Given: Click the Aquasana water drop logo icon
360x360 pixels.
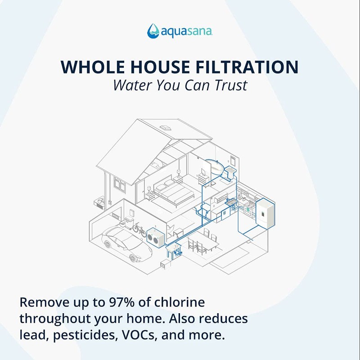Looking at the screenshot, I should (153, 30).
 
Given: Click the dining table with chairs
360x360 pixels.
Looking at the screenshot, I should (203, 243).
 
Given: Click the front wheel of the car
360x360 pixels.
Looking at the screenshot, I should (134, 257).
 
